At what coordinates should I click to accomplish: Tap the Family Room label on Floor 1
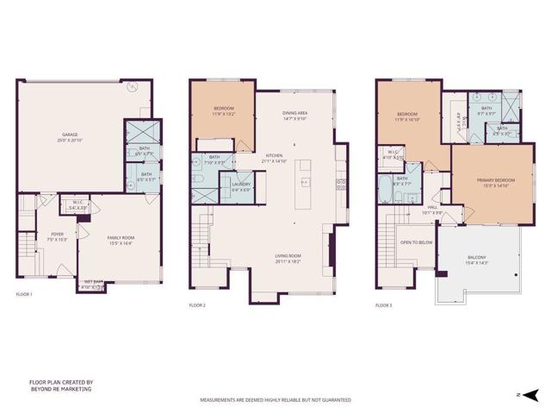[x=121, y=240]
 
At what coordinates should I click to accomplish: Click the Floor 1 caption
[x=24, y=295]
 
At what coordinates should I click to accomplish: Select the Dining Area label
[x=295, y=116]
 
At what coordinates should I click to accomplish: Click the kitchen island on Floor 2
[x=305, y=182]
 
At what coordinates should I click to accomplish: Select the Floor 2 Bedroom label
[x=223, y=110]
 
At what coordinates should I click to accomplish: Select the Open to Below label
[x=416, y=242]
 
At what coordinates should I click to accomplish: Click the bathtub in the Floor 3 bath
[x=384, y=188]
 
